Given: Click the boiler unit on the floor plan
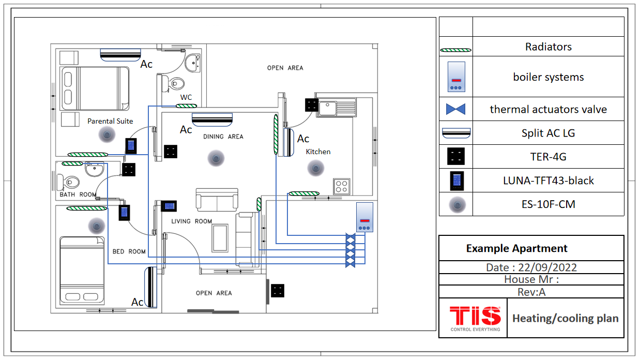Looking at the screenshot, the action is (364, 217).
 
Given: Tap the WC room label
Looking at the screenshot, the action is (186, 98).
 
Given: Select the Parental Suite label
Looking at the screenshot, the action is (110, 121).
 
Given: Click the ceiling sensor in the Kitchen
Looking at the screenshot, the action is (316, 169).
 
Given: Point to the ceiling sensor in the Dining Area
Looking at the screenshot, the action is (216, 158).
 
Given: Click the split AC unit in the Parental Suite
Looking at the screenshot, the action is (120, 55).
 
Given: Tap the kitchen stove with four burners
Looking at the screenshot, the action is (342, 186).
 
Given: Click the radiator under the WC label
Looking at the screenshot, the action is (186, 106).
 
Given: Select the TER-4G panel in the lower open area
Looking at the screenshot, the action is (278, 291).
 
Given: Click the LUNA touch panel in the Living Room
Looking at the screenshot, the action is (169, 206).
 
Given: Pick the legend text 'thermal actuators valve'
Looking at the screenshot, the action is (548, 109).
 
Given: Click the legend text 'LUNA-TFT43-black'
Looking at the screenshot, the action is (548, 181).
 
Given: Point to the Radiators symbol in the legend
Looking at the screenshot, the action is (456, 50).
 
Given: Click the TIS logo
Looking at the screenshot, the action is (475, 318).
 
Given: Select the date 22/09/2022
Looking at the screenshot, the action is (547, 267).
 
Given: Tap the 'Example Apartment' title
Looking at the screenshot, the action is (517, 248).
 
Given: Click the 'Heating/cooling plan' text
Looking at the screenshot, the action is (566, 318).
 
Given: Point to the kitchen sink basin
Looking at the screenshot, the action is (327, 109).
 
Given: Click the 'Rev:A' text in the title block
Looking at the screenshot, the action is (531, 292).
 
